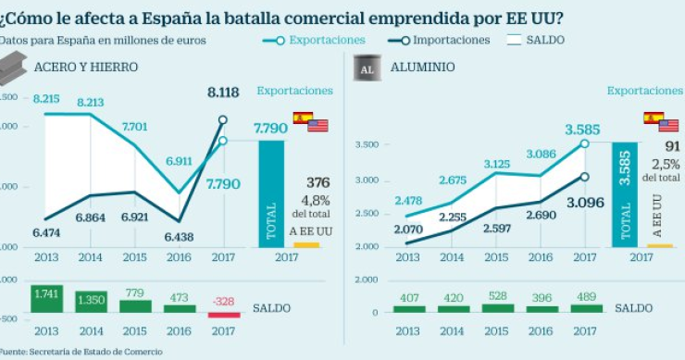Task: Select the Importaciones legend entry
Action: click(x=450, y=40)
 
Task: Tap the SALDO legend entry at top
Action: click(x=544, y=40)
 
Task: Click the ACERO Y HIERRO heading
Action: click(x=86, y=68)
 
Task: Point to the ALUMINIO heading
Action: click(x=422, y=68)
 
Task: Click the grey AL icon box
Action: click(x=367, y=68)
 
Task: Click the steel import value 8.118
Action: click(x=223, y=93)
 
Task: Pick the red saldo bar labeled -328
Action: click(x=223, y=314)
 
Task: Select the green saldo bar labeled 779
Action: click(x=134, y=305)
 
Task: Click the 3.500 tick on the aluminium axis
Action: click(x=367, y=145)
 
